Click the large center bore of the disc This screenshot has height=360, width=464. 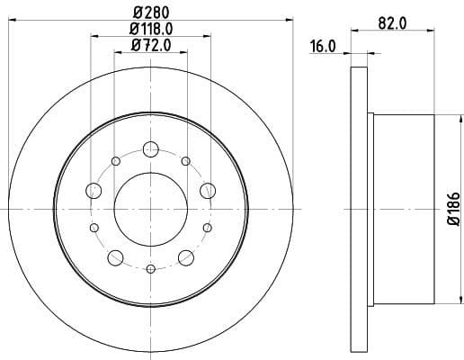150,208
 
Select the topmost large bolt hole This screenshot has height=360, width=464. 150,149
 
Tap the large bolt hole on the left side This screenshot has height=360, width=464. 94,190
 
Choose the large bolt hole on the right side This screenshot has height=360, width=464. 207,190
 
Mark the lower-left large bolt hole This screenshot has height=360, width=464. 115,257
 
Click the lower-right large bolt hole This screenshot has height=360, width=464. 186,257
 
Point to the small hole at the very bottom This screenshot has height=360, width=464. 150,267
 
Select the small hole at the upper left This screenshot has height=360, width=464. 116,160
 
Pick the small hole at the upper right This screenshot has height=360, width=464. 185,160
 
